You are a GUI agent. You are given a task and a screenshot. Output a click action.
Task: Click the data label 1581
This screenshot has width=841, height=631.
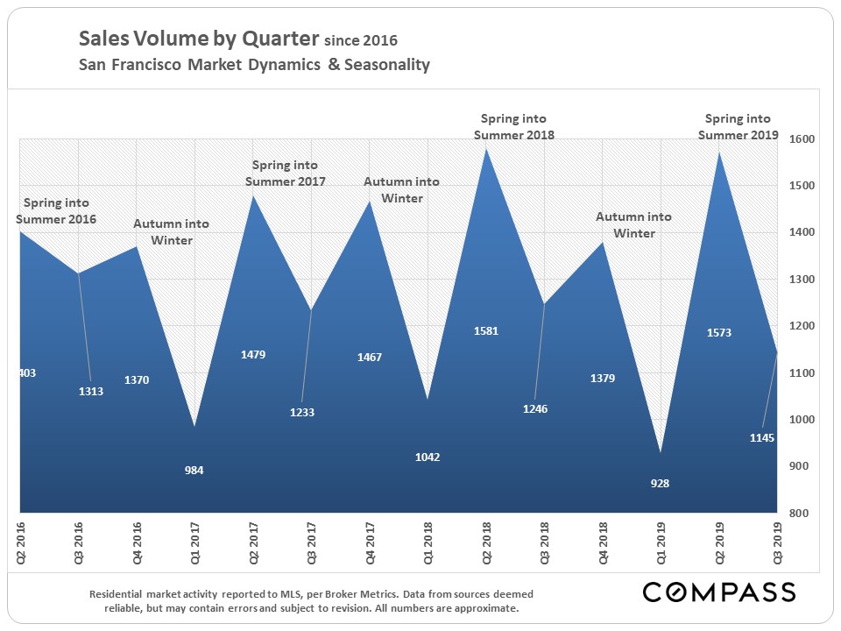[485, 331]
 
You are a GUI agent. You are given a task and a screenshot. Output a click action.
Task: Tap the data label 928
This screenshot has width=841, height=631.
[661, 483]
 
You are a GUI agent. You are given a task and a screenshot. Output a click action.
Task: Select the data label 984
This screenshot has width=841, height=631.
[194, 471]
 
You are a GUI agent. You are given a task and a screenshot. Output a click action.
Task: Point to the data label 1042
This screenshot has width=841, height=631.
[428, 457]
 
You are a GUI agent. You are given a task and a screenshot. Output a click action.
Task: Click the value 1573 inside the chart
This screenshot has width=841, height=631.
[718, 333]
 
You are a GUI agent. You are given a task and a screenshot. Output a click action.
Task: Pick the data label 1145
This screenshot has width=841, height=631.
[762, 437]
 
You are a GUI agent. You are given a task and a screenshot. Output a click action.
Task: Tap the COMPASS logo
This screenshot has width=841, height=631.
[719, 592]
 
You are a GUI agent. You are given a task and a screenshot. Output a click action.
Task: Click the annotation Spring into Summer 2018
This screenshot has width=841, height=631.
[514, 126]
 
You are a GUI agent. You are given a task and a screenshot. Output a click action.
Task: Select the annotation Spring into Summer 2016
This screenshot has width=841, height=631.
[55, 211]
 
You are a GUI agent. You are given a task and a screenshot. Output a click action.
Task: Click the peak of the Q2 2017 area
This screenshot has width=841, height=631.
[252, 195]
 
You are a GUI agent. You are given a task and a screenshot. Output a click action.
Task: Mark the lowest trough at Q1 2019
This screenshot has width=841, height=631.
[661, 452]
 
